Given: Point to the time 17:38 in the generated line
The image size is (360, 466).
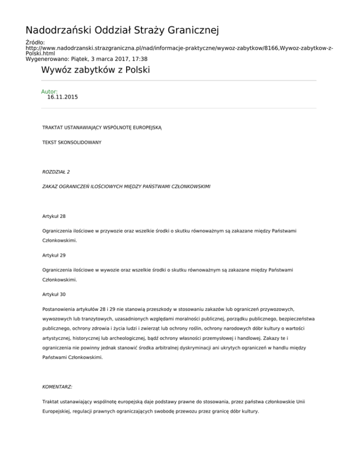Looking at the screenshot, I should (x=139, y=59).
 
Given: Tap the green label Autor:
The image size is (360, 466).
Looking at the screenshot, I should (x=49, y=91).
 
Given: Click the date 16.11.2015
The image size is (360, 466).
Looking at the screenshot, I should (x=62, y=98).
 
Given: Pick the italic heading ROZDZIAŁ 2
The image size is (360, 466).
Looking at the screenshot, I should (x=56, y=172).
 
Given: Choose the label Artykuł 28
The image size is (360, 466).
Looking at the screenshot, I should (x=54, y=217).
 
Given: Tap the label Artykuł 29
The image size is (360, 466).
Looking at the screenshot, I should (x=54, y=256).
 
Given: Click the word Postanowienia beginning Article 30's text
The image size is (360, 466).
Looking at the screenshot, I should (x=60, y=309).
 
